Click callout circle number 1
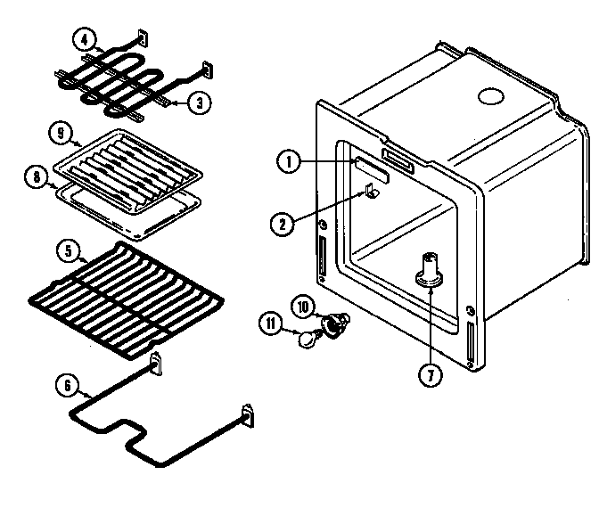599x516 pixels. [x=287, y=162]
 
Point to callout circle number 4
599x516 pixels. [x=83, y=39]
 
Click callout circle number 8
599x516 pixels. [x=37, y=176]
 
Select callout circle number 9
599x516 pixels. [x=59, y=134]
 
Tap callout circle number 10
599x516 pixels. [x=301, y=307]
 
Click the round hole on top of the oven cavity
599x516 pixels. [x=489, y=95]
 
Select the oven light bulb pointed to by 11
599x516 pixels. [x=309, y=337]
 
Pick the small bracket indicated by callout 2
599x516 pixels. [x=371, y=190]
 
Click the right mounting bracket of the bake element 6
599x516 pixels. [x=247, y=415]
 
